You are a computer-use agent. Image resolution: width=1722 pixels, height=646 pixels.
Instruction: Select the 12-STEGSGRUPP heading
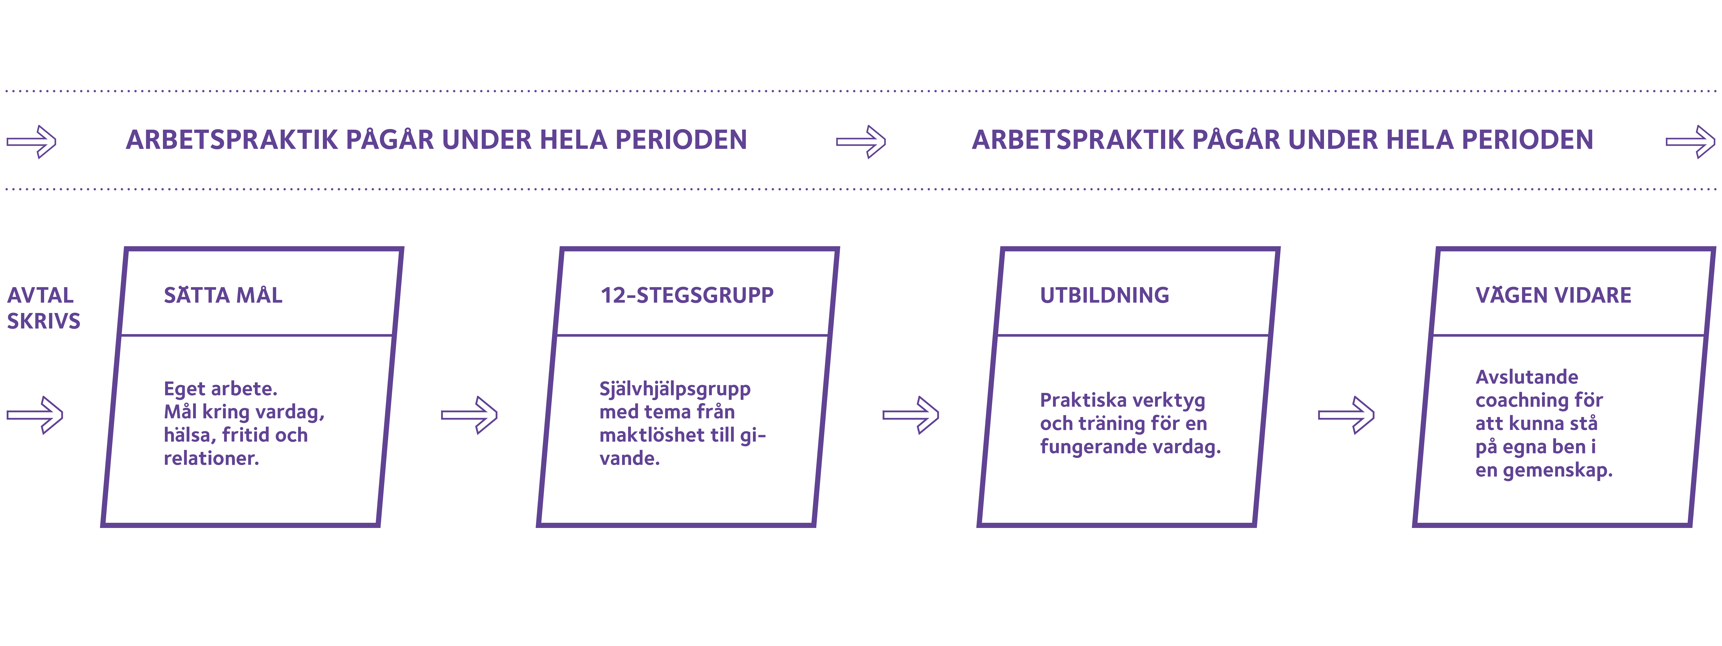[x=686, y=295]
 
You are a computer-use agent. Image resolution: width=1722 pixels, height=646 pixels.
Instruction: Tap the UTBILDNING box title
[x=1104, y=295]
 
